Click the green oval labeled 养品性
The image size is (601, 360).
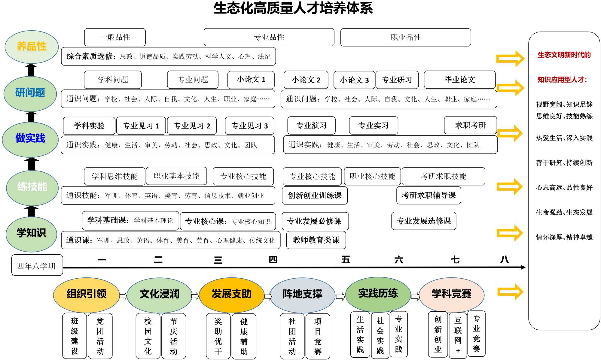32,47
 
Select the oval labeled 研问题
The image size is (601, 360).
30,93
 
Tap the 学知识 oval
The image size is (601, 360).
31,233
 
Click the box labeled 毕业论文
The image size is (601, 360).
459,80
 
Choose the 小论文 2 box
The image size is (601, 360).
306,80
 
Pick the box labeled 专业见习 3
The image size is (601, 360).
249,126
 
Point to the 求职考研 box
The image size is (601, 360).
470,125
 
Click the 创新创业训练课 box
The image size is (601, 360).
315,195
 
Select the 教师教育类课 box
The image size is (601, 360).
316,240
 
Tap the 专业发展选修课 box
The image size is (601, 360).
423,221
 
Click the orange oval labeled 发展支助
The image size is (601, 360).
231,294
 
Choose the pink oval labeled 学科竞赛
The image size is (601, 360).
451,294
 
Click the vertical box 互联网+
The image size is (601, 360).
458,335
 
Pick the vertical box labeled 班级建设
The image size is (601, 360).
75,336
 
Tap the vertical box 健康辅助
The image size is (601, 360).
244,336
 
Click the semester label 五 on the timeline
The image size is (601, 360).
346,260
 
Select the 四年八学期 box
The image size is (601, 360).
37,265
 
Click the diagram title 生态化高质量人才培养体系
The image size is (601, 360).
293,8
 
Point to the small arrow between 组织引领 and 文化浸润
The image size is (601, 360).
123,296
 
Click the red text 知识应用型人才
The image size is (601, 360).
562,80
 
